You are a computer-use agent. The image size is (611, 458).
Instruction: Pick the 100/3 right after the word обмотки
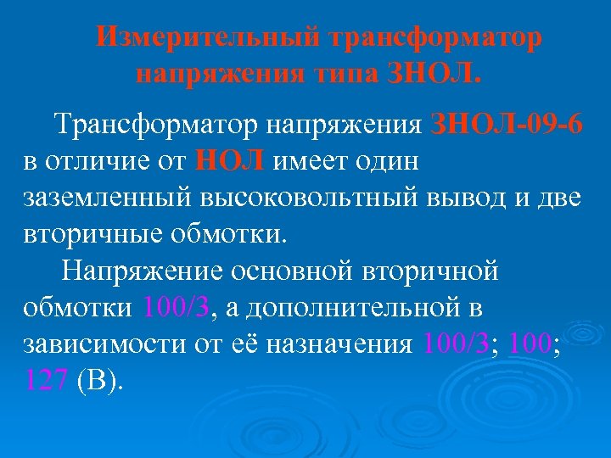tap(179, 307)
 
